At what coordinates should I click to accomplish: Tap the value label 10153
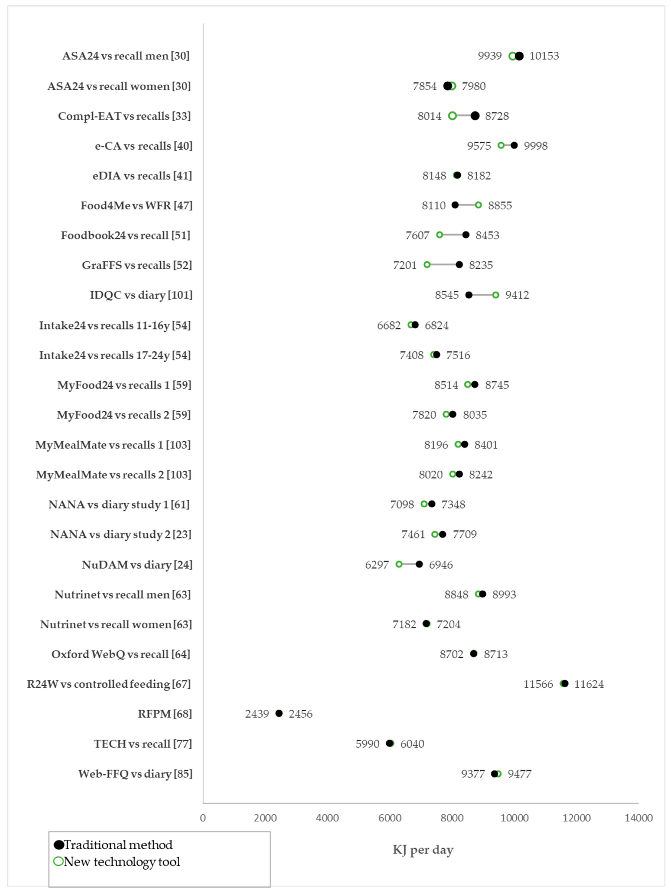click(544, 56)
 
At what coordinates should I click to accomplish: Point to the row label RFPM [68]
click(165, 714)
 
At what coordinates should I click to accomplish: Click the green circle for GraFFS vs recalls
click(427, 265)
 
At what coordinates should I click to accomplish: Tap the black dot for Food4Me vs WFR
click(455, 205)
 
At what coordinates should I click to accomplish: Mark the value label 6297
click(377, 565)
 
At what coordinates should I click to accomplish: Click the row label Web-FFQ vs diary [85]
click(135, 774)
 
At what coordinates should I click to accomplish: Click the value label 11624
click(589, 684)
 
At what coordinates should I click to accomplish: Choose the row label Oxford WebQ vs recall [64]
click(121, 654)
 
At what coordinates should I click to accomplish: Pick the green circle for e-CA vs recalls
click(501, 145)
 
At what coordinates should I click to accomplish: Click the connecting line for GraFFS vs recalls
click(443, 265)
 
